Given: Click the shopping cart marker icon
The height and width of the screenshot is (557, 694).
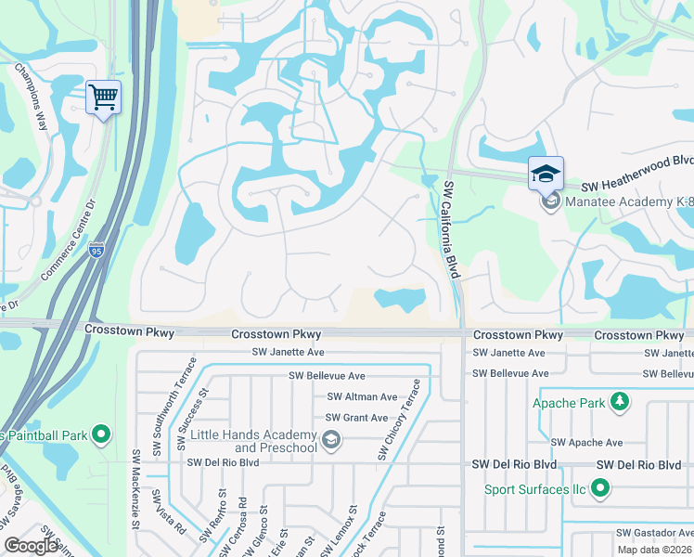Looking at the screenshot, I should (x=103, y=97).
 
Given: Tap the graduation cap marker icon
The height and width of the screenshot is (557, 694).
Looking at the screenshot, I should (x=546, y=173).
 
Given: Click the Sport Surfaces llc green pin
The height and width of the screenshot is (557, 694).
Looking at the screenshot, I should (x=600, y=487).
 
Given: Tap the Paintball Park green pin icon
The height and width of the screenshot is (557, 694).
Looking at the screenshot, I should (x=102, y=434).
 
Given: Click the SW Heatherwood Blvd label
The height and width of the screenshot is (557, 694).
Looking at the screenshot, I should (x=637, y=185).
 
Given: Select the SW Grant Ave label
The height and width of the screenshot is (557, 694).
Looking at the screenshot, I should (x=353, y=418).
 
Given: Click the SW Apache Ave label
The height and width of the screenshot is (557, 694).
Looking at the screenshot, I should (x=586, y=443).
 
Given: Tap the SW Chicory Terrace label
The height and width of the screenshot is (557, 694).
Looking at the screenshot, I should (x=398, y=419).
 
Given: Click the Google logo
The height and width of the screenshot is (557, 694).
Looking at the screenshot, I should (x=32, y=546).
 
